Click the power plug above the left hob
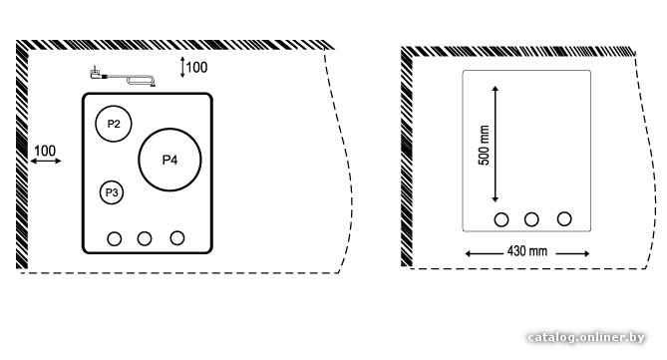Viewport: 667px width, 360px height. (97, 74)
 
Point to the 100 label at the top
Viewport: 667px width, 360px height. (196, 67)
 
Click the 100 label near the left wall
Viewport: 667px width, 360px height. (45, 151)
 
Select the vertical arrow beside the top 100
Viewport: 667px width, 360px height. (182, 67)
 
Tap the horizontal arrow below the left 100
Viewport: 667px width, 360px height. (46, 161)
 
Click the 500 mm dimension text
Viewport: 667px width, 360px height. (485, 146)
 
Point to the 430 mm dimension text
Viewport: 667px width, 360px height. (527, 251)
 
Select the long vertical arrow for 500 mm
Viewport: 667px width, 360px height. (495, 144)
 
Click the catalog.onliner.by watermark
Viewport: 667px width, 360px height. (586, 337)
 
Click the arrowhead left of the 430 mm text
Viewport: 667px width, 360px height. (469, 253)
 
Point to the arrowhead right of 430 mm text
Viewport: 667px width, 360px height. (586, 253)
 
